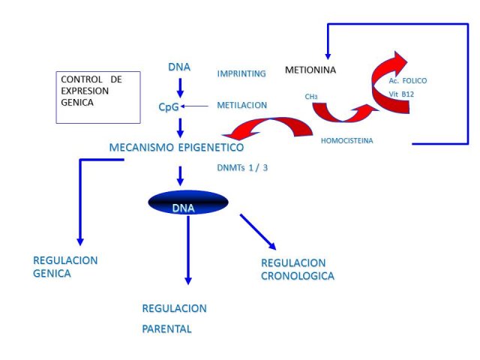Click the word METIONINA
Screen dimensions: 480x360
pyautogui.click(x=310, y=70)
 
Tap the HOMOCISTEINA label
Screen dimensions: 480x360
pyautogui.click(x=346, y=141)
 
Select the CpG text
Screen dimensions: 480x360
pyautogui.click(x=169, y=107)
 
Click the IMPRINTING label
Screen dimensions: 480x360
pyautogui.click(x=241, y=73)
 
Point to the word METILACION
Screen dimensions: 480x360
pyautogui.click(x=241, y=105)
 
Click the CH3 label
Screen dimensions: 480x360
pyautogui.click(x=311, y=97)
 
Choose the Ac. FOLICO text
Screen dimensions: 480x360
pyautogui.click(x=408, y=81)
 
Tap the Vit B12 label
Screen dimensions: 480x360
pyautogui.click(x=401, y=94)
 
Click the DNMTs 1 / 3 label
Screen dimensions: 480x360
pyautogui.click(x=242, y=168)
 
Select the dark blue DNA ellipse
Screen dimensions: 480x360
pyautogui.click(x=188, y=202)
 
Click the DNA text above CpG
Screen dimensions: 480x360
pyautogui.click(x=179, y=67)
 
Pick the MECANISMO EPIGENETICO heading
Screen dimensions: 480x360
pyautogui.click(x=177, y=147)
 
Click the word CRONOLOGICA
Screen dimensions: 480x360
pyautogui.click(x=298, y=276)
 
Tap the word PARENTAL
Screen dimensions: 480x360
pyautogui.click(x=166, y=329)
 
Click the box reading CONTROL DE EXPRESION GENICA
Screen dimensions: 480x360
pyautogui.click(x=98, y=97)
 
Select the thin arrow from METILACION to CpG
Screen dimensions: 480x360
pyautogui.click(x=194, y=106)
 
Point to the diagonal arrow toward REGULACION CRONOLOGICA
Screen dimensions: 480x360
pyautogui.click(x=258, y=232)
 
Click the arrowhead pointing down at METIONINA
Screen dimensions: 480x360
pyautogui.click(x=328, y=56)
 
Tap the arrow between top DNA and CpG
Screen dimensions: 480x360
pyautogui.click(x=180, y=88)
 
